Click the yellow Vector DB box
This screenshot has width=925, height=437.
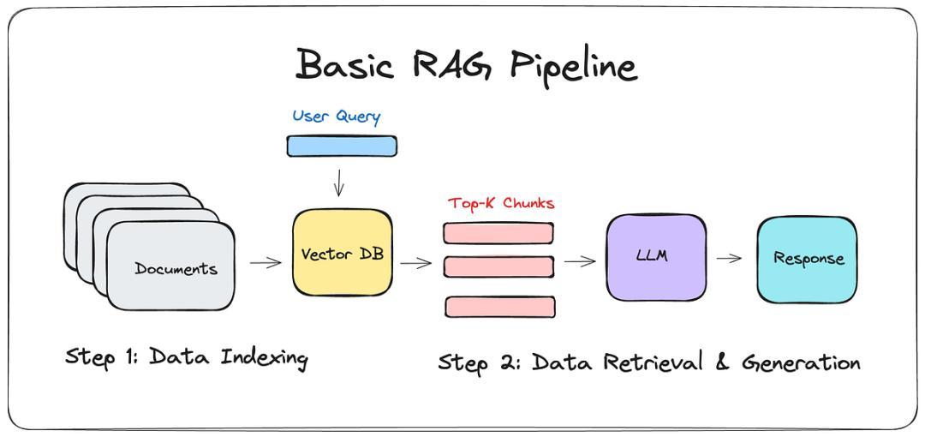(x=342, y=252)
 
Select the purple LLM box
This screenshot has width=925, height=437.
(x=656, y=257)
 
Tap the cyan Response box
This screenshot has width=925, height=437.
(x=807, y=260)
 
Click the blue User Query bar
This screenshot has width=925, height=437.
(x=342, y=146)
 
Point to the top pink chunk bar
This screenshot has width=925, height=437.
(x=498, y=233)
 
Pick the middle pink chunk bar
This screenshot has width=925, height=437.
(x=498, y=267)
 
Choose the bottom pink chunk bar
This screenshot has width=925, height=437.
(x=500, y=307)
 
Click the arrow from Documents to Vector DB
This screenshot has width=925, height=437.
(x=266, y=263)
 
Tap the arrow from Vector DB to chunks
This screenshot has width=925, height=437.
(x=416, y=263)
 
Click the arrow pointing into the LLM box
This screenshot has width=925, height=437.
(x=580, y=261)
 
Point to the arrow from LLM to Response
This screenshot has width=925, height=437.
(x=729, y=258)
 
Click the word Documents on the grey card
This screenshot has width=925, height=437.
(x=176, y=269)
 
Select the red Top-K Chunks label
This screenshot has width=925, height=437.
(x=501, y=204)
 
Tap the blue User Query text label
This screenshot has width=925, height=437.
(x=337, y=117)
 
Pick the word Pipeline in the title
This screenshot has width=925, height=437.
(x=572, y=66)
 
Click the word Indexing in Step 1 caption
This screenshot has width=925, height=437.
(x=264, y=358)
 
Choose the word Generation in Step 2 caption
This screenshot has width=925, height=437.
(x=800, y=362)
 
